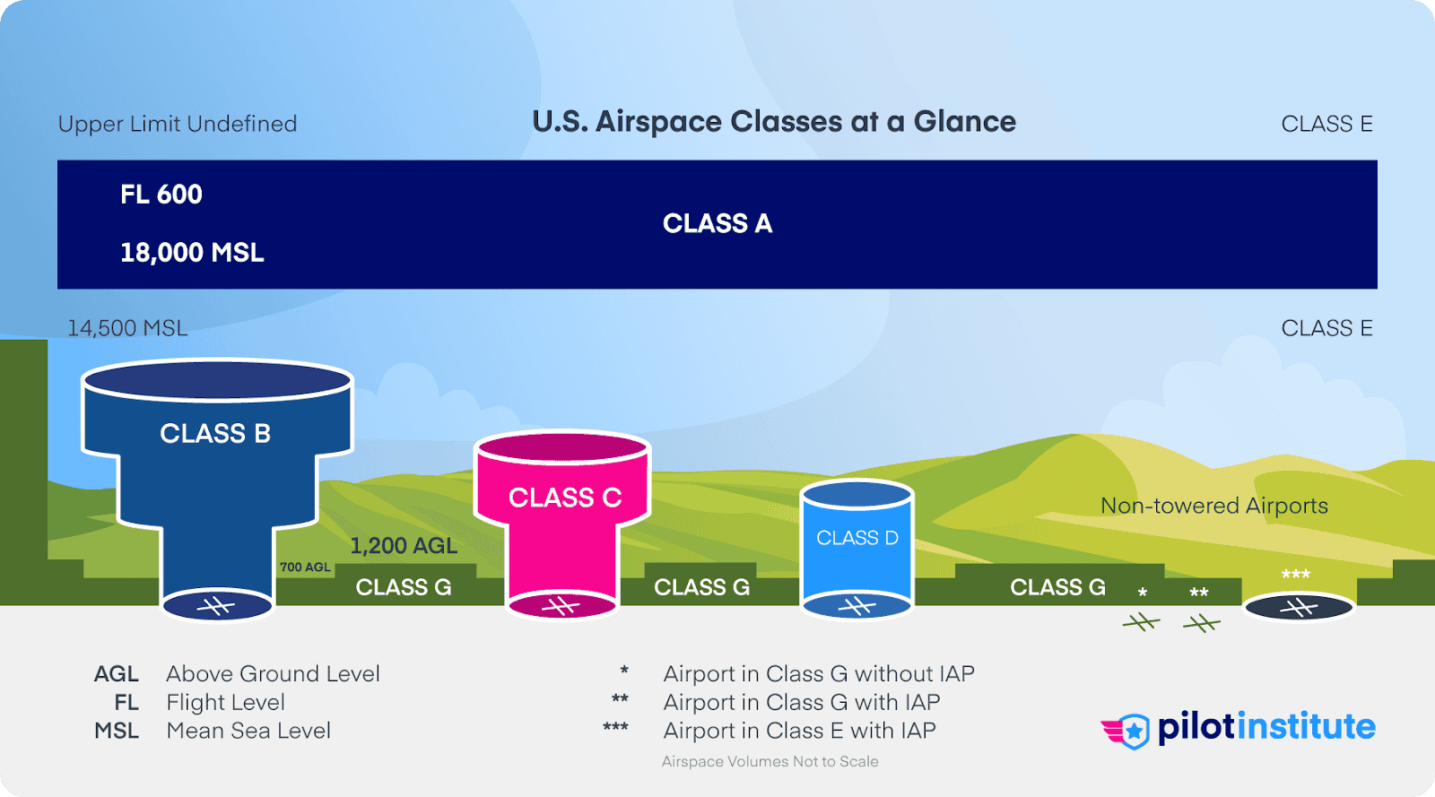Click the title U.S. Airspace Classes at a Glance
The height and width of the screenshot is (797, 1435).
point(774,122)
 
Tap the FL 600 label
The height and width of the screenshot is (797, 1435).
point(161,195)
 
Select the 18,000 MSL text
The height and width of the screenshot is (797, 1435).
point(192,253)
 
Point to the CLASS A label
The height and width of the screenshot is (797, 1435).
point(717,223)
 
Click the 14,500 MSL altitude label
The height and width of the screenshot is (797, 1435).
point(127,328)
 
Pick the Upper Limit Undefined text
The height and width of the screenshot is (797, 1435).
point(178,124)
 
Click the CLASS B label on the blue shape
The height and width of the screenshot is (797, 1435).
point(215,434)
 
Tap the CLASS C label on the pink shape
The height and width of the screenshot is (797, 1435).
point(565,498)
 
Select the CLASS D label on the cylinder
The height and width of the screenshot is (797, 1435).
point(857,538)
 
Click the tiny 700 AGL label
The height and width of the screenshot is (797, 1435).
point(305,567)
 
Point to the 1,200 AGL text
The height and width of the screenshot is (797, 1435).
point(404,546)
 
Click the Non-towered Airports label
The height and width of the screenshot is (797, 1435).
point(1214,506)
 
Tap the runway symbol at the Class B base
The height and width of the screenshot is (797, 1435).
point(216,607)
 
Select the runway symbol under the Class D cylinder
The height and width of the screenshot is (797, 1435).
point(857,607)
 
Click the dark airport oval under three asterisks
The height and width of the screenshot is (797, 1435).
point(1298,609)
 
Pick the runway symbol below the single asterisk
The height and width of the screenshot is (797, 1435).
point(1142,621)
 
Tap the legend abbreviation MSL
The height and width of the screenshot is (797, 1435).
point(117,732)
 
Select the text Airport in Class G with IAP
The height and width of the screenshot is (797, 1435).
point(802,703)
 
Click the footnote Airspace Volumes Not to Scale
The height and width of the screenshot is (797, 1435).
point(770,762)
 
